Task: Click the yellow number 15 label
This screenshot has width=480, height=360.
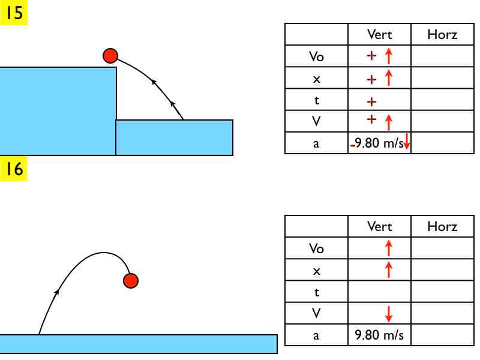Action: tap(13, 12)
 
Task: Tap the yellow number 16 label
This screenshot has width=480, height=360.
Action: tap(13, 169)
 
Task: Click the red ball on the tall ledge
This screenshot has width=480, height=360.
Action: tap(110, 56)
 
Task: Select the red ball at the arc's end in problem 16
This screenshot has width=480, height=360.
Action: tap(131, 281)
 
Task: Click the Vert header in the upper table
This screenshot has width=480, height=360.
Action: tap(379, 34)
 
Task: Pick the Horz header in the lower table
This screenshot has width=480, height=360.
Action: tap(442, 227)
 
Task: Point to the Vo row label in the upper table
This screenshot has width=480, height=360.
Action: tap(317, 56)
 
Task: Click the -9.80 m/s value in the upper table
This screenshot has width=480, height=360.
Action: tap(377, 143)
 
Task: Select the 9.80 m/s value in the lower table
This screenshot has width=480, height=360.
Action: tap(379, 335)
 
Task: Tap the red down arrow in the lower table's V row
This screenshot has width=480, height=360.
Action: tap(388, 314)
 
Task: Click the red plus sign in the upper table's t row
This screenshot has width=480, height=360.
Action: tap(371, 101)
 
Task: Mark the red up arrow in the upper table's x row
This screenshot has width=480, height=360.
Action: tap(388, 78)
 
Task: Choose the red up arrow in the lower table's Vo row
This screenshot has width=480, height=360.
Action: tap(388, 248)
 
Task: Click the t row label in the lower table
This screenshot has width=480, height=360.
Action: tap(317, 292)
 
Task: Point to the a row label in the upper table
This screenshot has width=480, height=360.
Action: tap(316, 143)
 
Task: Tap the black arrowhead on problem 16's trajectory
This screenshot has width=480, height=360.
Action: tap(56, 292)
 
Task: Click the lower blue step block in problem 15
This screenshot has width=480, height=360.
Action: tap(174, 137)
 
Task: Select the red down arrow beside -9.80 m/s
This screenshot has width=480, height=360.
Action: tap(407, 141)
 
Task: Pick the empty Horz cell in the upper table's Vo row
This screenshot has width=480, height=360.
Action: tap(442, 56)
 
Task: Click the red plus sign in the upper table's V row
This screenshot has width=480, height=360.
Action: tap(371, 119)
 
